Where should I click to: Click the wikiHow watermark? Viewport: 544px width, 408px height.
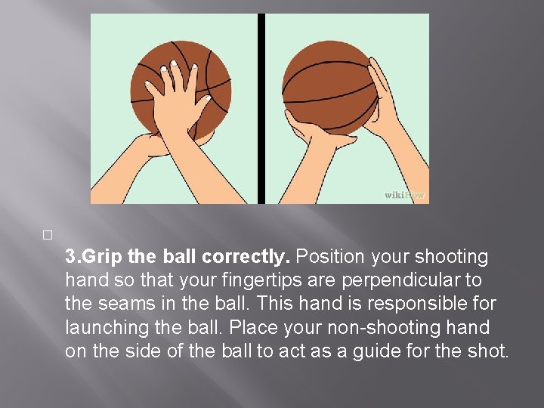pos(405,195)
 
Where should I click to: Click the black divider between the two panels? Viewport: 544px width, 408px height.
pos(261,109)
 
